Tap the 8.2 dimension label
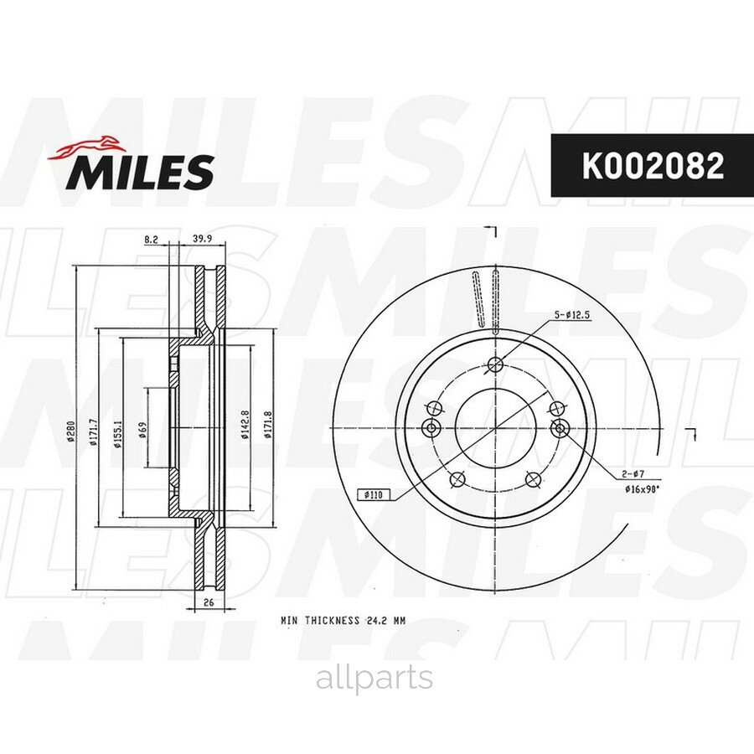coord(152,240)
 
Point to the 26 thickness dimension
coord(207,602)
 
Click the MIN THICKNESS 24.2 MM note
coord(343,621)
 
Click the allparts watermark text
coord(374,679)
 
